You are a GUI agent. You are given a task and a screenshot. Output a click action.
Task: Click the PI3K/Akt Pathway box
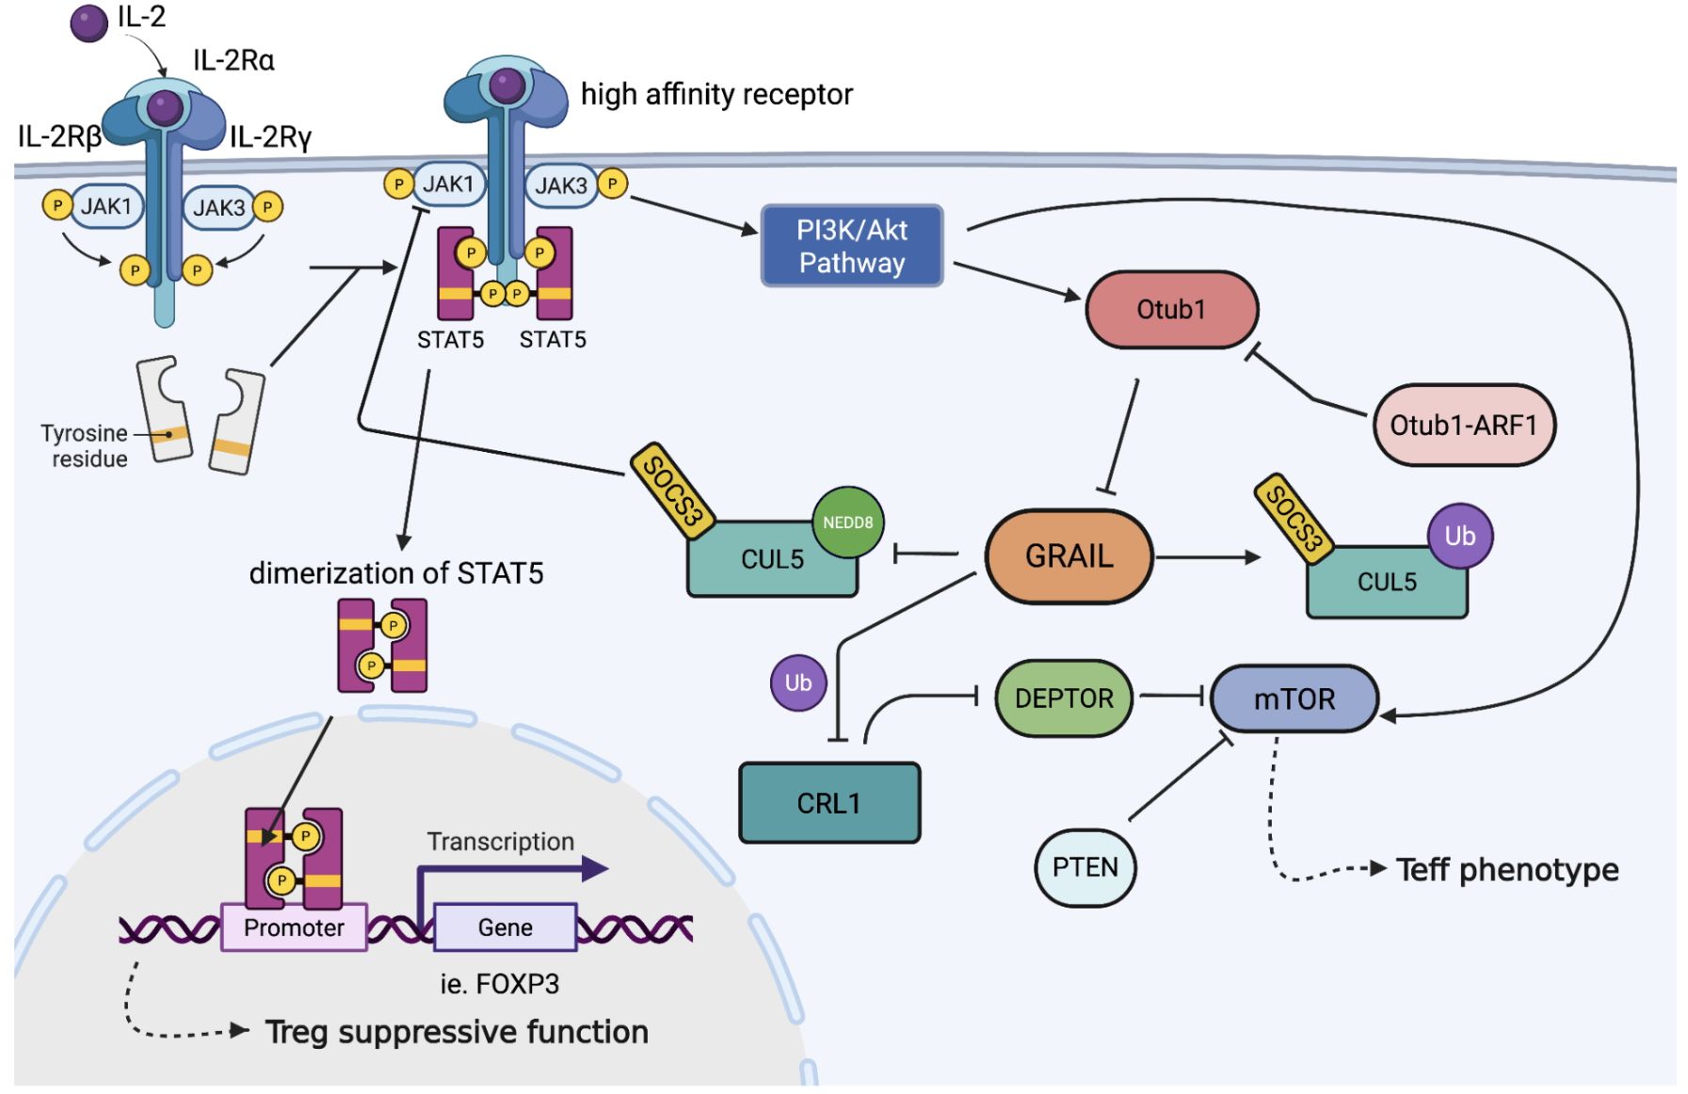coord(851,246)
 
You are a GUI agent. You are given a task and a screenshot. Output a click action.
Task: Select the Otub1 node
coord(1171,310)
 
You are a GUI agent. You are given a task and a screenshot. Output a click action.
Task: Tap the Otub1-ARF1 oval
coord(1463,426)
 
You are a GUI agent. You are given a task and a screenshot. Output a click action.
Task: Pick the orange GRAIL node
coord(1069,556)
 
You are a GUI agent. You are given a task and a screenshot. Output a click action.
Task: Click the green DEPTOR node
coord(1064,699)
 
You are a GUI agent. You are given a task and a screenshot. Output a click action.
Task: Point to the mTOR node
coord(1294,700)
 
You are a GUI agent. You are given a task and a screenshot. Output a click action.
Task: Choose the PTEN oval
coord(1085,867)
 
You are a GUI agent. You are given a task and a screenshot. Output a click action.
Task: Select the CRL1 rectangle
coord(828,803)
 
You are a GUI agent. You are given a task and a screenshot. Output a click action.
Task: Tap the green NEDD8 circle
coord(847,523)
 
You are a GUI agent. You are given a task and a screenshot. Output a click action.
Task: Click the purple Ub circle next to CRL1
coord(798,683)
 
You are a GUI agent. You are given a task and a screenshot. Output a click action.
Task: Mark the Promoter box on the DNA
coord(294,927)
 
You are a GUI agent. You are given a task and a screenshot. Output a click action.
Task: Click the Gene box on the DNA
coord(505,927)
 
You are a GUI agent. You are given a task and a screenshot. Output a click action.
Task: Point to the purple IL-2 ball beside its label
coord(89,23)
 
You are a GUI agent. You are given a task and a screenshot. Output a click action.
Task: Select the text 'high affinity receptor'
coord(716,94)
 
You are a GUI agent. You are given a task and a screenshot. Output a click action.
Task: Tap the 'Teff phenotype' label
coord(1506,870)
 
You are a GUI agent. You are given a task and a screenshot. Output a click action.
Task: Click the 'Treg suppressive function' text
coord(457,1032)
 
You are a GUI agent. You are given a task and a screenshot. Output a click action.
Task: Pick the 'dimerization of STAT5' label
coord(396,573)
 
